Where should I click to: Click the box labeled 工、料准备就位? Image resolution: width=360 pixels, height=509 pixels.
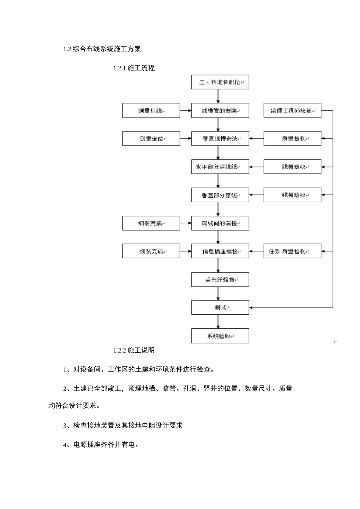pos(220,82)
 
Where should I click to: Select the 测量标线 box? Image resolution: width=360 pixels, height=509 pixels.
pos(151,111)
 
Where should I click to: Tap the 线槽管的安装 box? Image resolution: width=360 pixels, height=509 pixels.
pos(220,111)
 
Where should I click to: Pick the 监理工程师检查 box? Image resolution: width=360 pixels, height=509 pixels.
pos(292,111)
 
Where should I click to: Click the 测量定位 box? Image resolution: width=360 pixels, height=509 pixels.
pos(151,139)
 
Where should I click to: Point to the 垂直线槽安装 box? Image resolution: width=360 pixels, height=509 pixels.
pos(220,139)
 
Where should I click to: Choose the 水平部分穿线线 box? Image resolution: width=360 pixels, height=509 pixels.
pos(220,167)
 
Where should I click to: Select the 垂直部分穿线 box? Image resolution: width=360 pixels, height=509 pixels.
pos(220,195)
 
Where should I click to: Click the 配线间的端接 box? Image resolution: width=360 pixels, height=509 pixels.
pos(220,223)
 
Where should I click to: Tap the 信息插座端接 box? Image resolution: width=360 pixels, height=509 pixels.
pos(220,251)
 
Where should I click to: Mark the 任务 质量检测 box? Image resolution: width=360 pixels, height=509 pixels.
pos(292,251)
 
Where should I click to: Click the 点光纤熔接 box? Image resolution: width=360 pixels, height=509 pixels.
pos(220,279)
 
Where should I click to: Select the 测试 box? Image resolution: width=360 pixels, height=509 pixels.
pos(220,308)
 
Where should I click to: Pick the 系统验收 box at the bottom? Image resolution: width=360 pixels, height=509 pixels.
pos(220,336)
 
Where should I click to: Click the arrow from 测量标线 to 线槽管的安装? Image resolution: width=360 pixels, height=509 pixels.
pos(185,111)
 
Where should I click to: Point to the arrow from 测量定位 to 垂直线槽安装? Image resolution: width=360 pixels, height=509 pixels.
pos(185,139)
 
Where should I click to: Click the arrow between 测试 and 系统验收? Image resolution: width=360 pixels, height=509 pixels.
pos(218,322)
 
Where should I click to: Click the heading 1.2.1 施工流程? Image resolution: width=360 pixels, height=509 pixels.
pos(134,68)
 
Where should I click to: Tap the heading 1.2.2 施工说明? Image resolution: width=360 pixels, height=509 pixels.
pos(134,350)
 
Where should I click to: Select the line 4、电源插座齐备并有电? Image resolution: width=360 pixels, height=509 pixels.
pos(101,445)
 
